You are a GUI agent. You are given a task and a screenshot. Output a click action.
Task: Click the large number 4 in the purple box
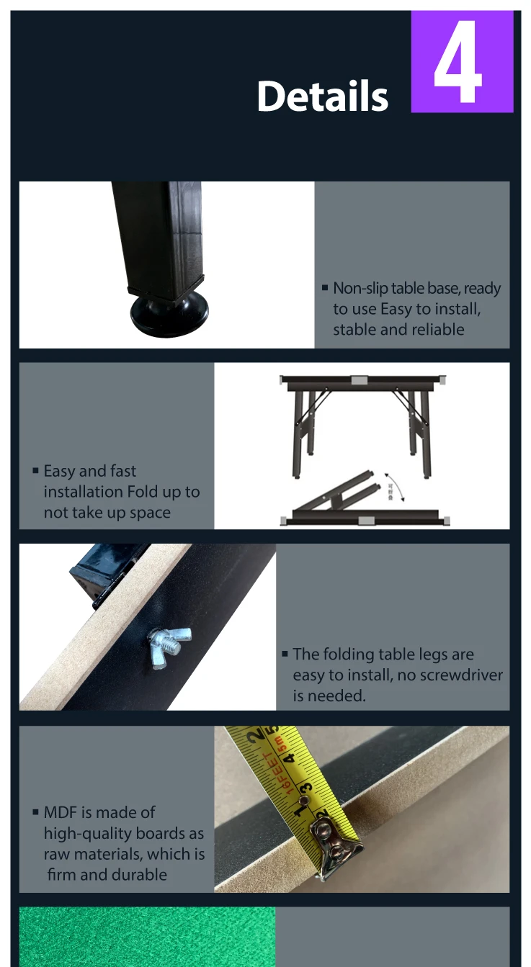click(458, 63)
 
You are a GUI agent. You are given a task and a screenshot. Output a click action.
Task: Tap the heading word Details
click(322, 96)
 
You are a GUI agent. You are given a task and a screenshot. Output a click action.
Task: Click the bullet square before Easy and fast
click(35, 471)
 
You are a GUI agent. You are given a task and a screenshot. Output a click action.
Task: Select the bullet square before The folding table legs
click(285, 655)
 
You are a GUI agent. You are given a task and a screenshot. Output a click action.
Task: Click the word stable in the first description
click(353, 330)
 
